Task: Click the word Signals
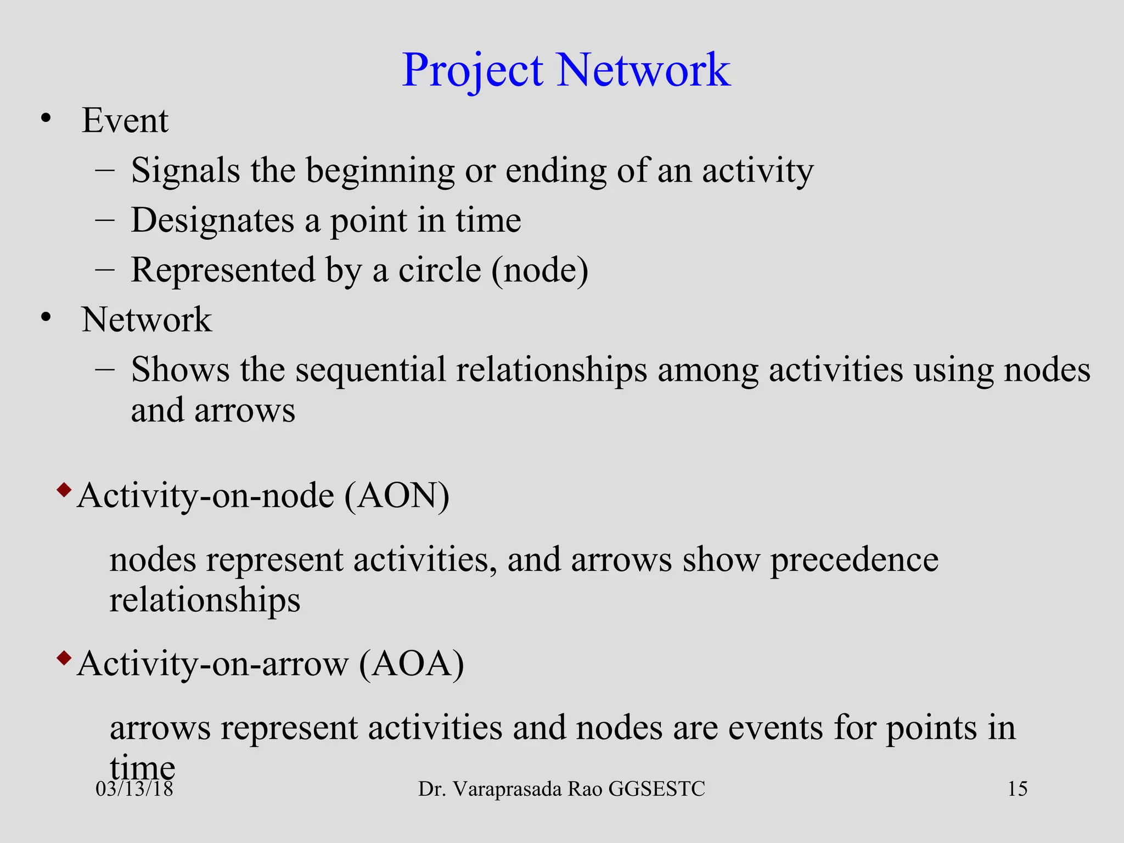(x=186, y=170)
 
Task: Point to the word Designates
(x=212, y=221)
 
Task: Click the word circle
(x=440, y=270)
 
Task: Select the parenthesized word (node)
(x=539, y=270)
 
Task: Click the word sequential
(x=370, y=369)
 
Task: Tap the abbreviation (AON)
(x=397, y=496)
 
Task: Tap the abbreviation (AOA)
(x=412, y=664)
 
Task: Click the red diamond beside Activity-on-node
(x=64, y=489)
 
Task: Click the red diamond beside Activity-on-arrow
(x=64, y=657)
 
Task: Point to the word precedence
(x=854, y=560)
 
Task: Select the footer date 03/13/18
(x=134, y=789)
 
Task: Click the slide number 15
(x=1017, y=789)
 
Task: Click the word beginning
(x=380, y=171)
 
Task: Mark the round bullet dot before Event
(x=46, y=119)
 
